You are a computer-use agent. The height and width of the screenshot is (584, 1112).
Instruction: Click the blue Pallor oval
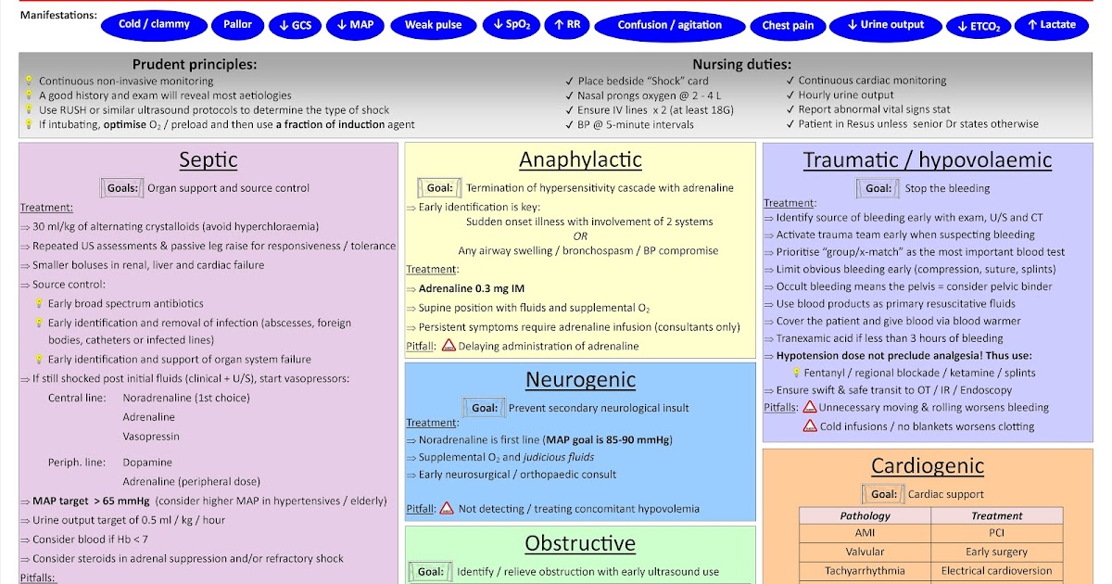click(x=238, y=25)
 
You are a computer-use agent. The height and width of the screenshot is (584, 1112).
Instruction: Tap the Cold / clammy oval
click(x=155, y=25)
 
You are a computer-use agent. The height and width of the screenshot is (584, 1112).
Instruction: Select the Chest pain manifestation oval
click(x=788, y=25)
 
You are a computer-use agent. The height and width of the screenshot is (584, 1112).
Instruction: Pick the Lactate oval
click(x=1051, y=25)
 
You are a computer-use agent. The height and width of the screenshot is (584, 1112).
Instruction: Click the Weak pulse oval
click(x=433, y=25)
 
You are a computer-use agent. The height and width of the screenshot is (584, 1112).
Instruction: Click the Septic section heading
click(x=208, y=159)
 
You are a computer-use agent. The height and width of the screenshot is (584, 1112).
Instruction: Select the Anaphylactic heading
click(x=580, y=159)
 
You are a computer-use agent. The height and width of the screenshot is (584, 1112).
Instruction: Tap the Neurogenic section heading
click(x=580, y=379)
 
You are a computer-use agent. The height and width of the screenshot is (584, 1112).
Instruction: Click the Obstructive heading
click(x=580, y=543)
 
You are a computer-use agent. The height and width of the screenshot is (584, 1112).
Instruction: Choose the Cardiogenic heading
click(x=927, y=466)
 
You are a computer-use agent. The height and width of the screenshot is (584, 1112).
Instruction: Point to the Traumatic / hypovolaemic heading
click(x=927, y=159)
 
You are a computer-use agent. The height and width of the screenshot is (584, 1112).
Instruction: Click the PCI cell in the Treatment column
click(x=996, y=533)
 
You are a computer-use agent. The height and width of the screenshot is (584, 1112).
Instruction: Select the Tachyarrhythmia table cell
click(x=865, y=571)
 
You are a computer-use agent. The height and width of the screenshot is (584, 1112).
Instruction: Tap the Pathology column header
click(x=865, y=515)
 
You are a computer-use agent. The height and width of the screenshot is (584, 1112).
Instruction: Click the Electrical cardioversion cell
click(x=996, y=571)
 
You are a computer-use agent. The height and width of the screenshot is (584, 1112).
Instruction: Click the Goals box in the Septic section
click(x=121, y=188)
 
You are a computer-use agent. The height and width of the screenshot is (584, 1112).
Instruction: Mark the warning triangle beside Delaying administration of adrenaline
click(x=449, y=346)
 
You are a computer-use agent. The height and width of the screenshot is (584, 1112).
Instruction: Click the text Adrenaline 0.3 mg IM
click(x=472, y=288)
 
